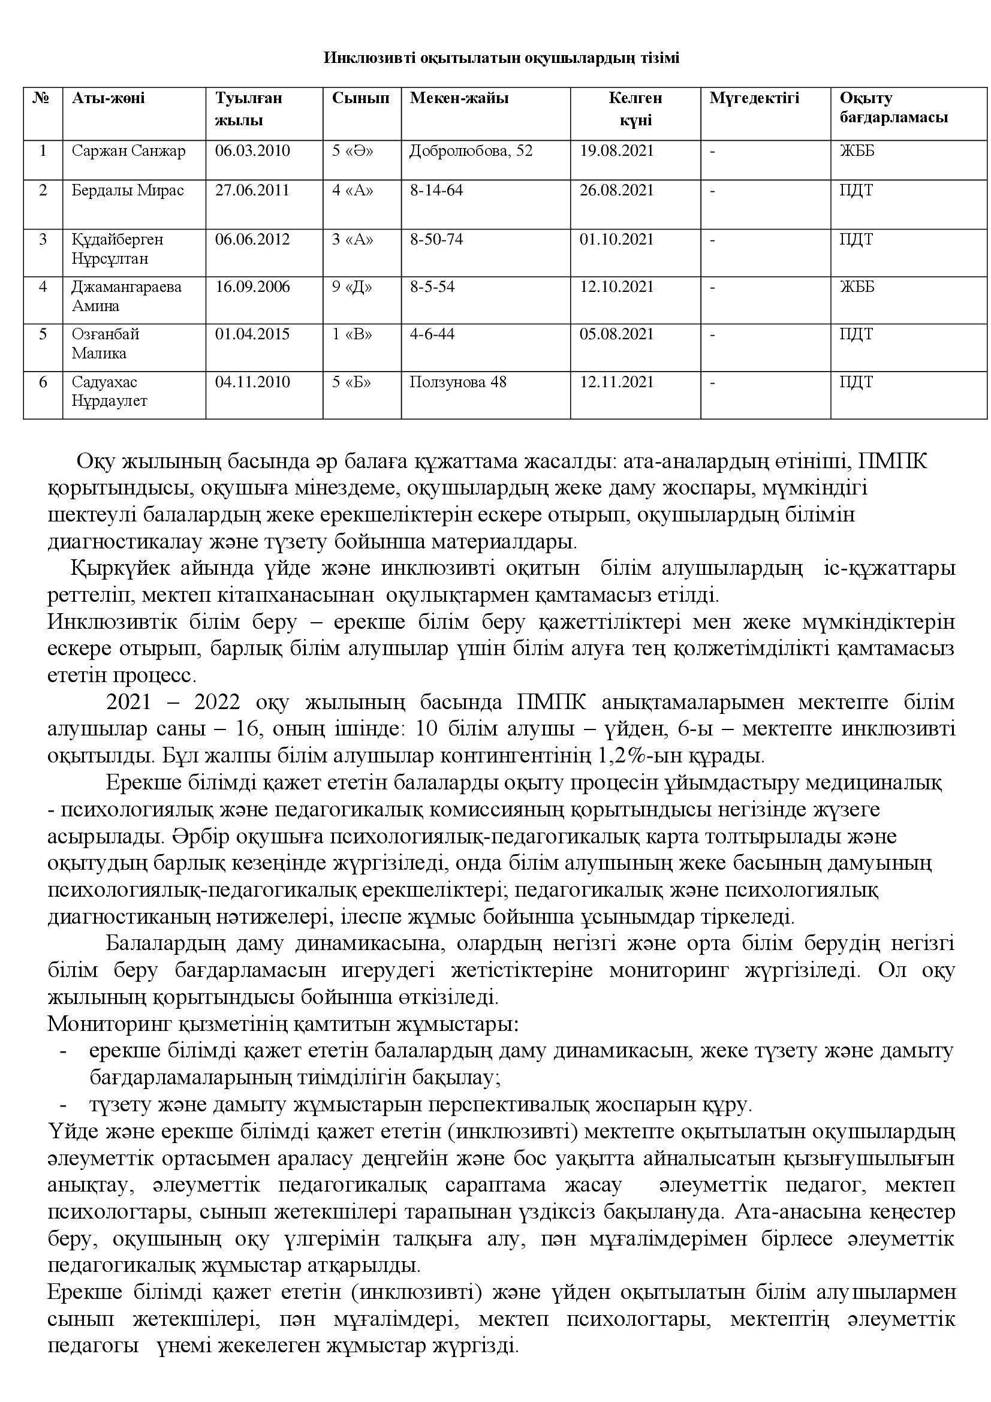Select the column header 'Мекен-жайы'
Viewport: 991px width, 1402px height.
pyautogui.click(x=459, y=98)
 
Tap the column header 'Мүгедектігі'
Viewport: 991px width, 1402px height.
pyautogui.click(x=754, y=98)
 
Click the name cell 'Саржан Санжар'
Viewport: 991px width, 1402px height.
pyautogui.click(x=128, y=151)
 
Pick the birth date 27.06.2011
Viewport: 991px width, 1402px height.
pyautogui.click(x=253, y=191)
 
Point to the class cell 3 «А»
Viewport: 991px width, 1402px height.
pyautogui.click(x=353, y=239)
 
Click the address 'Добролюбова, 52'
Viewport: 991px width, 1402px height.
pyautogui.click(x=471, y=151)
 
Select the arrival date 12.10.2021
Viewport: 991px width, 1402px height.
pyautogui.click(x=617, y=287)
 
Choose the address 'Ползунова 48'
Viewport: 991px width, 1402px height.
pyautogui.click(x=458, y=382)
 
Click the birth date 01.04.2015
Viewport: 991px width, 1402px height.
pyautogui.click(x=253, y=334)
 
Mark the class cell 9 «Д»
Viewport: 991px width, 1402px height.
pyautogui.click(x=353, y=287)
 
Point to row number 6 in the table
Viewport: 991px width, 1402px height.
pyautogui.click(x=43, y=382)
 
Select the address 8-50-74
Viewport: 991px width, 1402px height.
pyautogui.click(x=436, y=239)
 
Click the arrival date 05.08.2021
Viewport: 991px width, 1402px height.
pyautogui.click(x=617, y=334)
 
